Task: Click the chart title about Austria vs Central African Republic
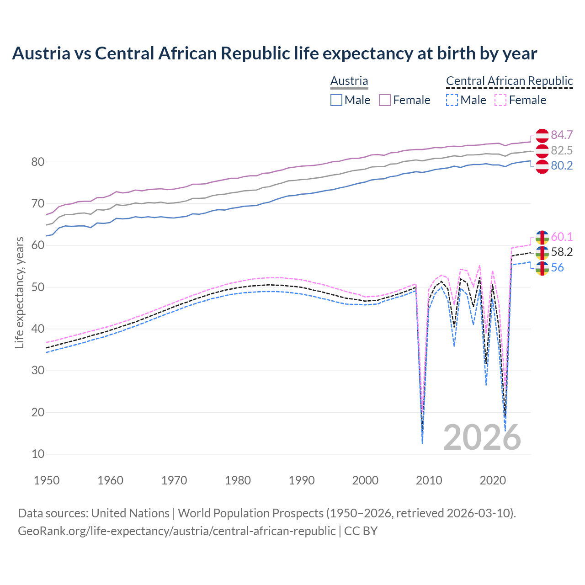point(274,53)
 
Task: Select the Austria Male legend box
point(336,100)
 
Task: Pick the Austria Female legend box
point(385,100)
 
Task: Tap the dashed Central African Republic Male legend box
point(452,100)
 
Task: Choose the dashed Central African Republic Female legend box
point(500,100)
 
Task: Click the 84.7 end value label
point(562,135)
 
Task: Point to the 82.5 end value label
point(562,150)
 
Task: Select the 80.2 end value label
point(562,165)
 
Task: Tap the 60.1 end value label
point(562,237)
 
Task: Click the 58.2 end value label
point(562,252)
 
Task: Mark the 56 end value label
point(558,267)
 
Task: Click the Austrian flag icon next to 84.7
point(542,136)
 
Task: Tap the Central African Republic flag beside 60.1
point(542,238)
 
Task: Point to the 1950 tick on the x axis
point(47,480)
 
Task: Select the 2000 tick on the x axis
point(365,480)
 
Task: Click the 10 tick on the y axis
point(38,454)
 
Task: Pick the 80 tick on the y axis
point(38,162)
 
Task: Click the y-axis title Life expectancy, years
point(20,292)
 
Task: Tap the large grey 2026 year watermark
point(482,437)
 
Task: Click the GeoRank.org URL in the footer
point(176,531)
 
